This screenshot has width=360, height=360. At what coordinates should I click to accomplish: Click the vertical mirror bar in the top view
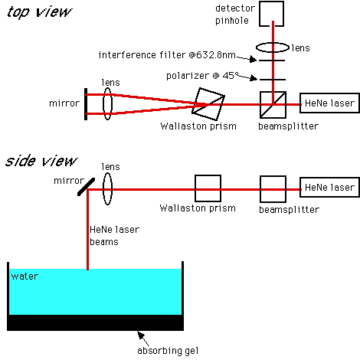pos(86,104)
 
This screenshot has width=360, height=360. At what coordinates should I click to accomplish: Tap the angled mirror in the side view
pos(86,187)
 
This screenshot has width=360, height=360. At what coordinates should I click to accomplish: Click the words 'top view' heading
pos(39,12)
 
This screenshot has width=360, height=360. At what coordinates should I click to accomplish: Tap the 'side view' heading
pos(41,161)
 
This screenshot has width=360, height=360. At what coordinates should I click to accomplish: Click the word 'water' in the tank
pos(25,277)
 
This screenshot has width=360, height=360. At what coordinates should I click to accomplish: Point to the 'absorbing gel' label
pos(168,351)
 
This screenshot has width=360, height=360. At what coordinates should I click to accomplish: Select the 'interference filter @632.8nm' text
pos(167,55)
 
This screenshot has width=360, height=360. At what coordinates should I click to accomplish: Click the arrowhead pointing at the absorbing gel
pos(141,335)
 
